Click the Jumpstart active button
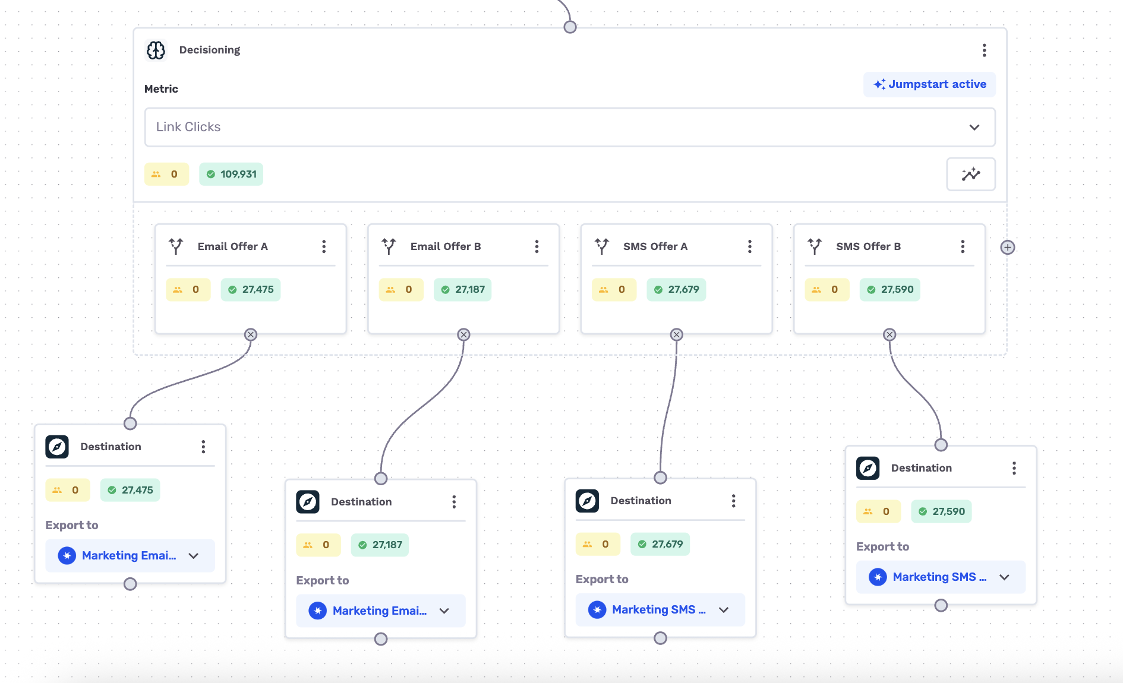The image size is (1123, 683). point(929,84)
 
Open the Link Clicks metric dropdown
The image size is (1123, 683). point(570,127)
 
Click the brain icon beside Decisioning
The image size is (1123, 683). point(156,50)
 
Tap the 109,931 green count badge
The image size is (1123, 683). point(231,174)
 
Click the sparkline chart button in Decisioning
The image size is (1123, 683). point(971,174)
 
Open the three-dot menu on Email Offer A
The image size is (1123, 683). point(324,246)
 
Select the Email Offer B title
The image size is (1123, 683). point(446,246)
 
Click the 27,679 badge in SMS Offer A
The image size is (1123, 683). point(676,290)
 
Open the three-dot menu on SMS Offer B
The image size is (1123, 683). point(963,246)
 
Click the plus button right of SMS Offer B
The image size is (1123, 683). point(1008,247)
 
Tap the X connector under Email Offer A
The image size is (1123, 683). point(251,335)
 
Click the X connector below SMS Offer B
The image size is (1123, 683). point(889,335)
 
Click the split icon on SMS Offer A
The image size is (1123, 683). point(602,246)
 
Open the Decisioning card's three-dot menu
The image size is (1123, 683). point(985,50)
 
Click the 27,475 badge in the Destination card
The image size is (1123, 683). point(130,490)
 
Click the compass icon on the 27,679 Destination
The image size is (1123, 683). point(587,501)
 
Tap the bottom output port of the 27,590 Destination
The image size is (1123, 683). point(941,605)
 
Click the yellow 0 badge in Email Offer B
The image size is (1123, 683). point(401,290)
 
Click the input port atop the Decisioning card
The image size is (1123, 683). point(570,27)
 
